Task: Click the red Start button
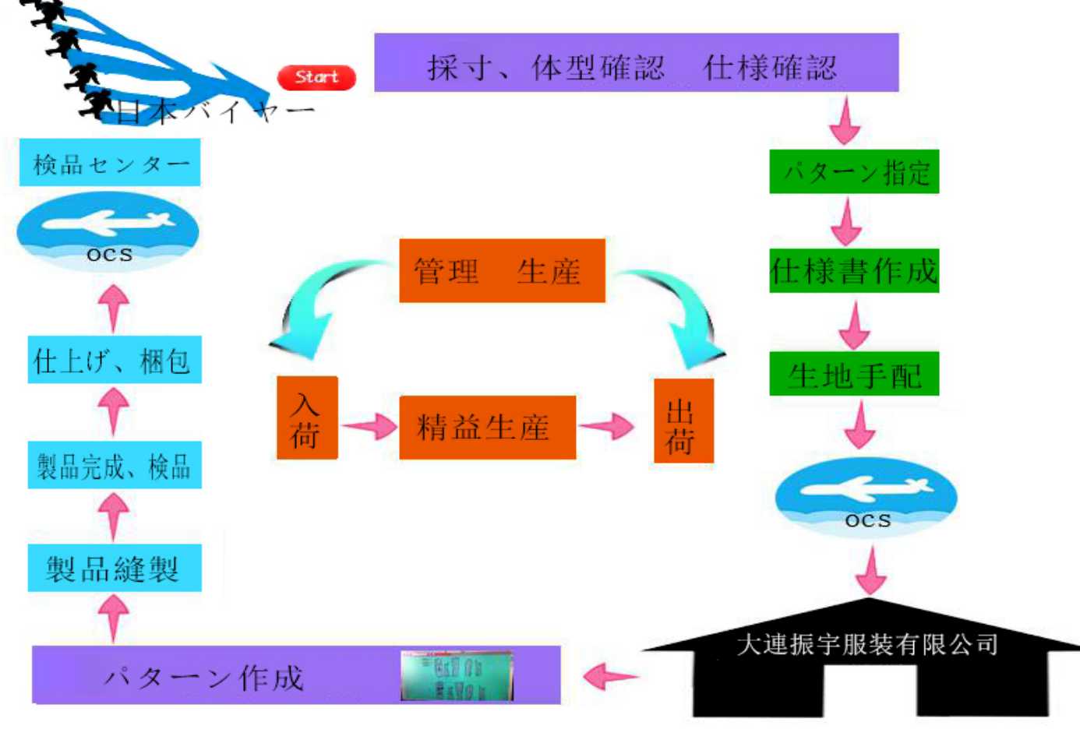tap(316, 77)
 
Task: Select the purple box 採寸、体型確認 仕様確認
tap(636, 63)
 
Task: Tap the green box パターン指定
tap(854, 171)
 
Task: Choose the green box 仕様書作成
tap(854, 271)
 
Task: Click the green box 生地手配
tap(854, 375)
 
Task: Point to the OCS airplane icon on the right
tap(866, 496)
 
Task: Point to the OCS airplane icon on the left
tap(108, 231)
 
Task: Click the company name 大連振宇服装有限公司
tap(866, 644)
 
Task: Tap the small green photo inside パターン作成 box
tap(457, 675)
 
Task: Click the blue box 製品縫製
tap(115, 568)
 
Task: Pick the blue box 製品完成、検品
tap(115, 466)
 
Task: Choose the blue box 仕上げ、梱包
tap(115, 360)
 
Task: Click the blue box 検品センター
tap(110, 163)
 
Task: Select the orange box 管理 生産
tap(502, 271)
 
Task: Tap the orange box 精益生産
tap(487, 428)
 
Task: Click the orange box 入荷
tap(307, 418)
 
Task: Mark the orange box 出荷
tap(683, 421)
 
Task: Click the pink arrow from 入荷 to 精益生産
tap(369, 426)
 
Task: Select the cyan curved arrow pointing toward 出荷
tap(684, 315)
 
